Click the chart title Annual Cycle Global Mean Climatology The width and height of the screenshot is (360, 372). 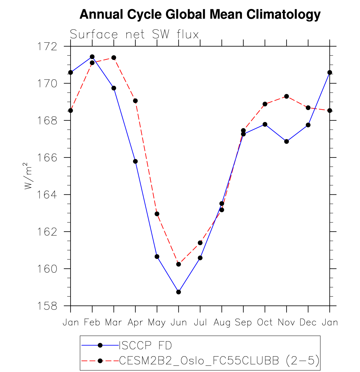(x=200, y=14)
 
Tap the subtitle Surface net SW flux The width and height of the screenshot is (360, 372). (x=134, y=34)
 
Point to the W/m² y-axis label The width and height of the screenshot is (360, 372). (x=28, y=176)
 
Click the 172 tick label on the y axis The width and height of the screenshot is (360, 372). (x=47, y=46)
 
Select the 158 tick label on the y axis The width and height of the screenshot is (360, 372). (x=47, y=306)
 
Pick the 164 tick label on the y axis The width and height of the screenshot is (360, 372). (x=47, y=195)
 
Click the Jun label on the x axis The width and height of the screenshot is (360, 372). (x=179, y=322)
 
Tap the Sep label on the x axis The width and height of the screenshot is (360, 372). (x=243, y=322)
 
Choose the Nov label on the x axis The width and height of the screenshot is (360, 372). (x=287, y=322)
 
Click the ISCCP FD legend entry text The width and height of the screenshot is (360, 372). (x=145, y=346)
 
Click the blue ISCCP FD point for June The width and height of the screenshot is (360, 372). (x=179, y=292)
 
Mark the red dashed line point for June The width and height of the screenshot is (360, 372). (x=179, y=264)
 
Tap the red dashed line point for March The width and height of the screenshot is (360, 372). (x=114, y=58)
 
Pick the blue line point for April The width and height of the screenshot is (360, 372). (x=135, y=161)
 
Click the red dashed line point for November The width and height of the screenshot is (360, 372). (x=287, y=96)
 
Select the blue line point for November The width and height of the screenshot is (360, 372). (x=287, y=141)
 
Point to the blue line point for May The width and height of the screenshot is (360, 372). (x=157, y=257)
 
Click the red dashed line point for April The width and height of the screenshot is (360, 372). (x=135, y=101)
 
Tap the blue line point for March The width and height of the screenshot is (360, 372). (x=114, y=88)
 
